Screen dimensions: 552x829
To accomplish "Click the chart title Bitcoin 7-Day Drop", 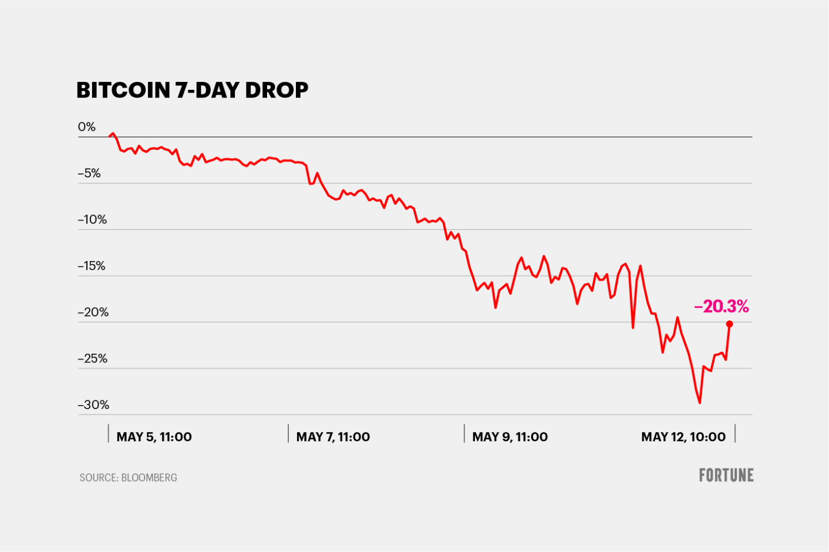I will pyautogui.click(x=192, y=90).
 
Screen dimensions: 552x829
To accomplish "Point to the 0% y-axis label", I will pyautogui.click(x=87, y=127).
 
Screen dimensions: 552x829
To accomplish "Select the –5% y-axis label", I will pyautogui.click(x=89, y=173).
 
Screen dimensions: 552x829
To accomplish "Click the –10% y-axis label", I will pyautogui.click(x=92, y=220).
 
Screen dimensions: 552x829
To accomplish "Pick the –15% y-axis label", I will pyautogui.click(x=92, y=266).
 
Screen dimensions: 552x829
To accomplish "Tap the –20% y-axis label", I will pyautogui.click(x=93, y=312).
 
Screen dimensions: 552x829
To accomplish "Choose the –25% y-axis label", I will pyautogui.click(x=93, y=358).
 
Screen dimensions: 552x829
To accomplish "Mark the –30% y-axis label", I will pyautogui.click(x=93, y=404).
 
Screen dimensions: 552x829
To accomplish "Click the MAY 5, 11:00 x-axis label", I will pyautogui.click(x=154, y=437).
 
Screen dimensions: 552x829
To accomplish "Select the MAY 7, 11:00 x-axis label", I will pyautogui.click(x=333, y=437).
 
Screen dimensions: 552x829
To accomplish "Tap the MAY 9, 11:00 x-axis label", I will pyautogui.click(x=509, y=437).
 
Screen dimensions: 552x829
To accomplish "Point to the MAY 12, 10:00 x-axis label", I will pyautogui.click(x=683, y=437).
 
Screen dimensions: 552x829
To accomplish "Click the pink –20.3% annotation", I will pyautogui.click(x=721, y=307).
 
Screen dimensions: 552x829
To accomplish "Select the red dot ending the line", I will pyautogui.click(x=729, y=324).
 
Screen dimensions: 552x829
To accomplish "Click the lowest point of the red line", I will pyautogui.click(x=699, y=402).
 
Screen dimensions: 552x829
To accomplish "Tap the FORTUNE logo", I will pyautogui.click(x=726, y=475).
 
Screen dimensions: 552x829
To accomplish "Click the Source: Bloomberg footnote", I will pyautogui.click(x=128, y=478).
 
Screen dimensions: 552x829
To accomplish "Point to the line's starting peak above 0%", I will pyautogui.click(x=113, y=133).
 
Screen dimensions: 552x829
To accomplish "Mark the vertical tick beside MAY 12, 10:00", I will pyautogui.click(x=735, y=433).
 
